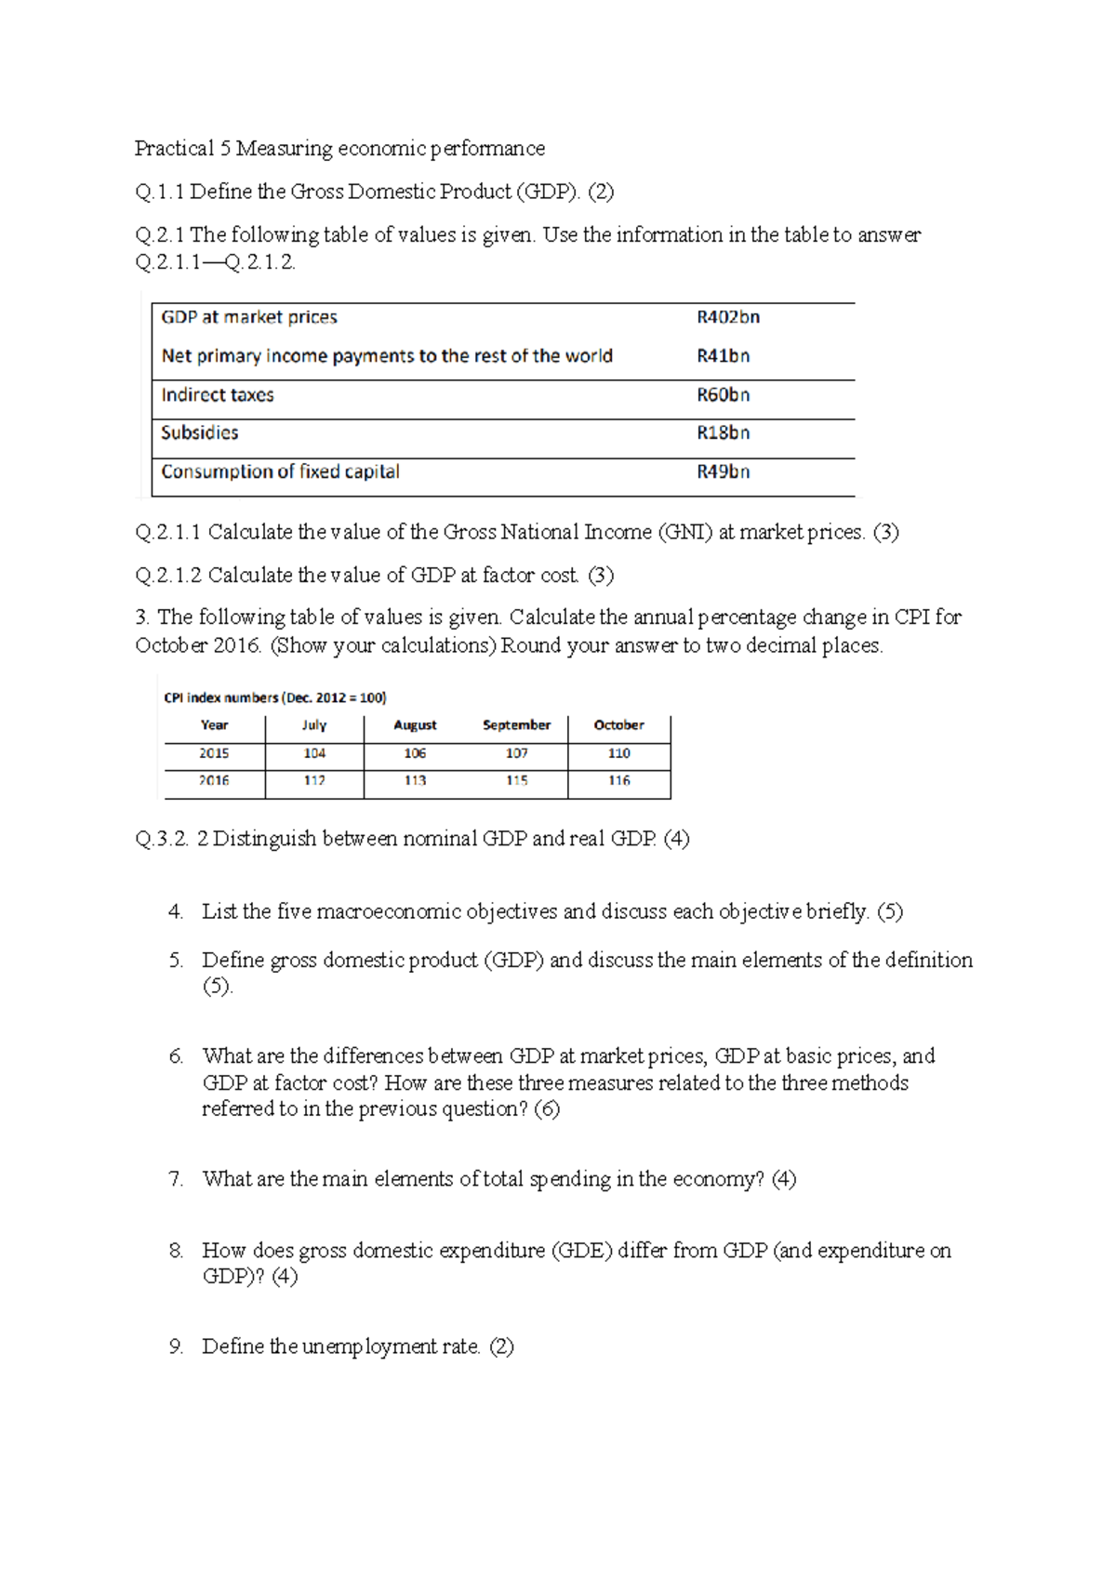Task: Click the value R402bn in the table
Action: (x=728, y=317)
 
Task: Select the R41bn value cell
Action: (x=724, y=356)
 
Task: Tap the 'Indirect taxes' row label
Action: (x=218, y=395)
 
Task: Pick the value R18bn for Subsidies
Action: (x=724, y=433)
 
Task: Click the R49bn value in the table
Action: (x=724, y=472)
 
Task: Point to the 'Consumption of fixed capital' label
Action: (x=280, y=472)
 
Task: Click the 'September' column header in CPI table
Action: (x=516, y=725)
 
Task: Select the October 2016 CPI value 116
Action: (x=619, y=781)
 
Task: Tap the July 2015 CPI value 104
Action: (x=314, y=753)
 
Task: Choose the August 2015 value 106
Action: (x=415, y=753)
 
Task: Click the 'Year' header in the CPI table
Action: (x=214, y=725)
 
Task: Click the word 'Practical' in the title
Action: (x=174, y=149)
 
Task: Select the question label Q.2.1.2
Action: (x=168, y=576)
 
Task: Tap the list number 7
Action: (x=176, y=1179)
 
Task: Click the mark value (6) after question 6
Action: (x=547, y=1109)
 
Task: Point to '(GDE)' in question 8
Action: (x=582, y=1251)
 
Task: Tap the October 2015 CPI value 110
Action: (x=619, y=753)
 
